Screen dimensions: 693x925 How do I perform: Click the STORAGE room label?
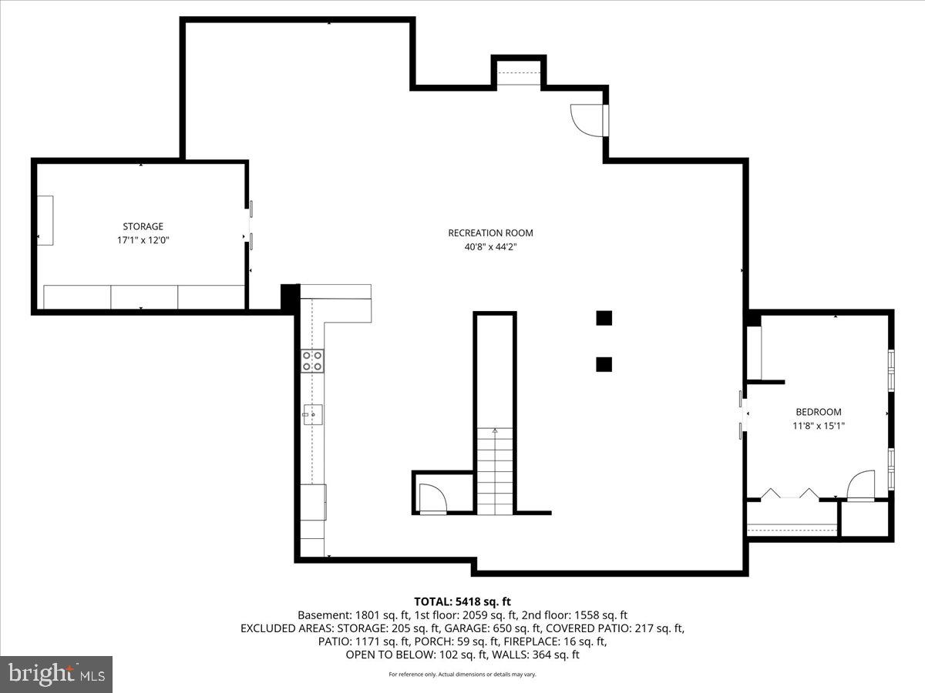[x=143, y=226]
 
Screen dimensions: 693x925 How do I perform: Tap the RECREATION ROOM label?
[x=490, y=233]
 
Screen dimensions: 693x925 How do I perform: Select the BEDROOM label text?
[x=818, y=412]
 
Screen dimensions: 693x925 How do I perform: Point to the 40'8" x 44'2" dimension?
[x=490, y=246]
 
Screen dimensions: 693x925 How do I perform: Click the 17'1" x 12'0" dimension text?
[x=143, y=240]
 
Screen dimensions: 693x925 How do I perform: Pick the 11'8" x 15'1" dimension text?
[x=818, y=425]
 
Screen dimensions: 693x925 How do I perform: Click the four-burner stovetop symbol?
[x=312, y=360]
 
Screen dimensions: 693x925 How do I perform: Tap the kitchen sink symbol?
[x=312, y=414]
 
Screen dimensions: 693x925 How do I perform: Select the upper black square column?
[x=604, y=317]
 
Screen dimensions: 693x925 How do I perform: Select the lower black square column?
[x=604, y=364]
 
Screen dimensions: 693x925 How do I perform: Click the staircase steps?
[x=494, y=471]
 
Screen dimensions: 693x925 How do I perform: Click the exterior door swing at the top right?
[x=586, y=120]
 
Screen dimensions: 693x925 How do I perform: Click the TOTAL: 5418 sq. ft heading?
[x=462, y=601]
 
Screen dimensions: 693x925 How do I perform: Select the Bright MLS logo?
[x=56, y=674]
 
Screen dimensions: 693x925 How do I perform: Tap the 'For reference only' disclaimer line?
[x=462, y=675]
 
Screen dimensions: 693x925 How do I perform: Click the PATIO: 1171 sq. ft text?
[x=363, y=641]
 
